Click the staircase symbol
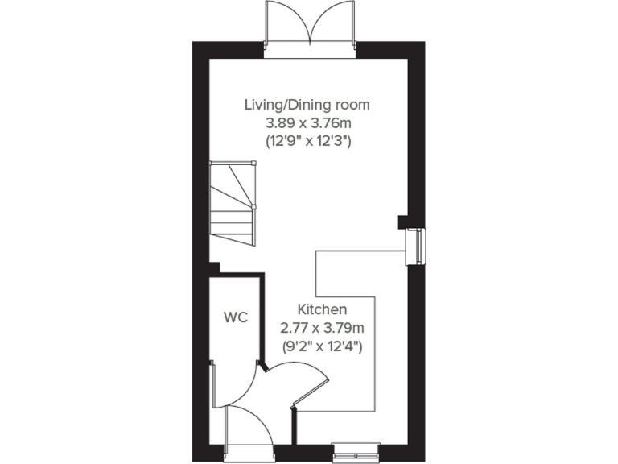(x=233, y=205)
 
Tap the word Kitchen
(x=322, y=309)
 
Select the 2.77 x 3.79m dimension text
(x=322, y=328)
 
